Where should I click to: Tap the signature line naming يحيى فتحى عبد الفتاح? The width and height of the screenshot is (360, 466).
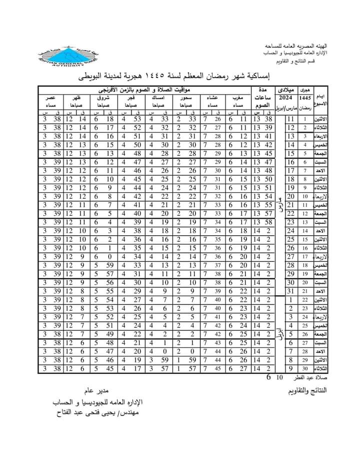pos(97,413)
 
